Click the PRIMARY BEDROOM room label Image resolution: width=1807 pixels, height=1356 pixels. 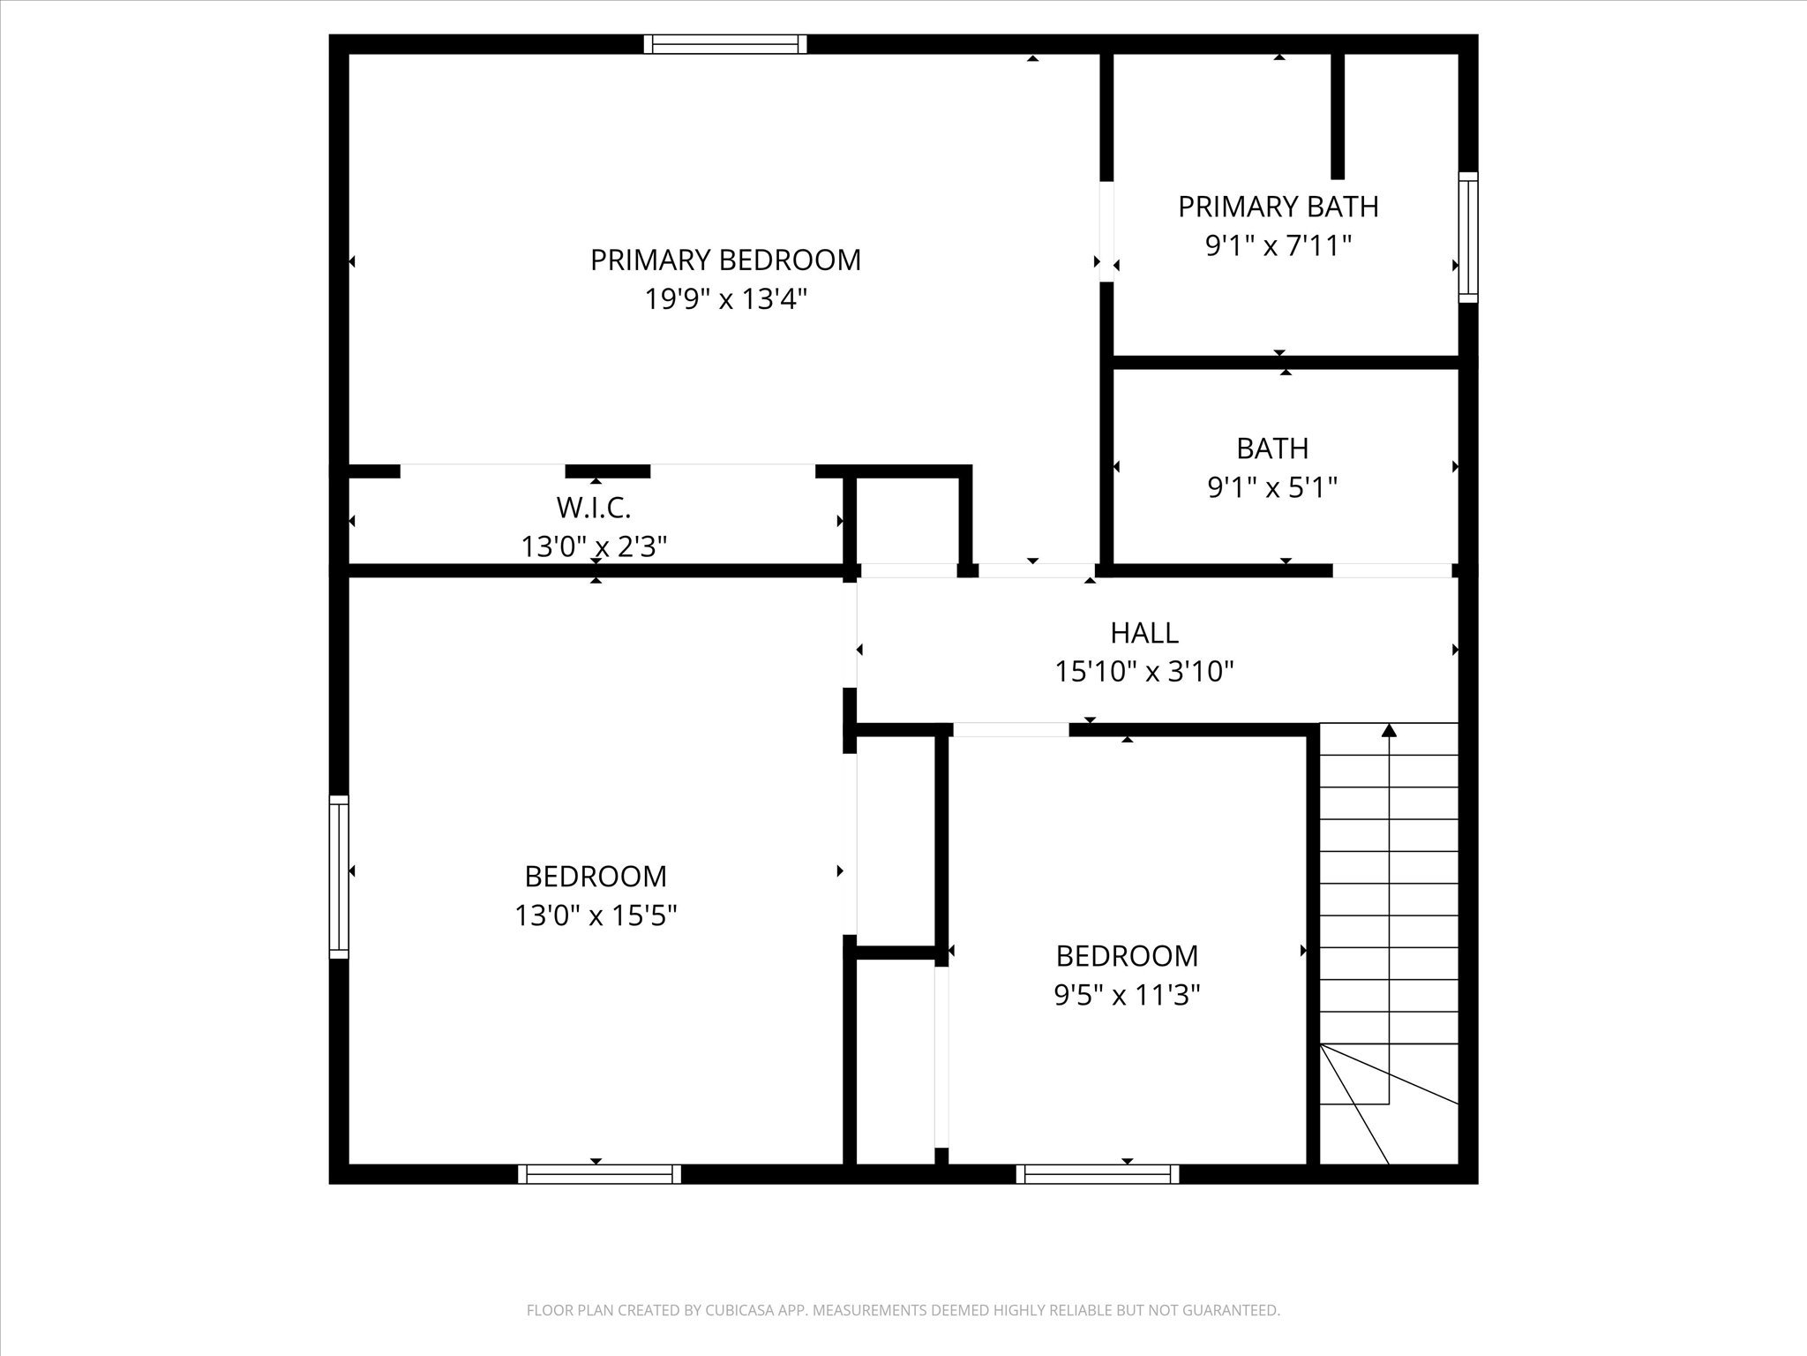pyautogui.click(x=725, y=260)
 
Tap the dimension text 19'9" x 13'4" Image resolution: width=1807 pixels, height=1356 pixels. pyautogui.click(x=725, y=300)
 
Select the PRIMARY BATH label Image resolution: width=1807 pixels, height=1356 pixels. pyautogui.click(x=1278, y=207)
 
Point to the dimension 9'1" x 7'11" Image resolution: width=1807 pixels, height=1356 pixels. pyautogui.click(x=1278, y=245)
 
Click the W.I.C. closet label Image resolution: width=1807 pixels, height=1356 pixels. pyautogui.click(x=594, y=508)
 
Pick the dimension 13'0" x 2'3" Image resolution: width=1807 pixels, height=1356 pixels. pyautogui.click(x=594, y=547)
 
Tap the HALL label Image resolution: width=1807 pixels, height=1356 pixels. pyautogui.click(x=1144, y=633)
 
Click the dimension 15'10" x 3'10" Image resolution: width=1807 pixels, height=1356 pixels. pyautogui.click(x=1144, y=673)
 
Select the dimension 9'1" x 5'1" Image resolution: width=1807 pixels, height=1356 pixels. pyautogui.click(x=1272, y=487)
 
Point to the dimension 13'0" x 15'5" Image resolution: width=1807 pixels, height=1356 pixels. pyautogui.click(x=596, y=915)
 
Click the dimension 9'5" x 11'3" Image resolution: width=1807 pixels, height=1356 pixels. pyautogui.click(x=1127, y=996)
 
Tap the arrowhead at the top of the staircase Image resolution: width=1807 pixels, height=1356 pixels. pyautogui.click(x=1389, y=730)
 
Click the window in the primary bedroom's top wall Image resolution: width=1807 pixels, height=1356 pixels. pyautogui.click(x=725, y=44)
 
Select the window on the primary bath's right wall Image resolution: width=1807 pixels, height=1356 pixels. pyautogui.click(x=1467, y=237)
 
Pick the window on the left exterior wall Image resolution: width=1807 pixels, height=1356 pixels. pyautogui.click(x=339, y=877)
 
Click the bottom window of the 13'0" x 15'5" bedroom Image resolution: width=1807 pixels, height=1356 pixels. pyautogui.click(x=599, y=1174)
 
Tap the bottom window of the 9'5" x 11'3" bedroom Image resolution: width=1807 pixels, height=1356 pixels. pyautogui.click(x=1098, y=1174)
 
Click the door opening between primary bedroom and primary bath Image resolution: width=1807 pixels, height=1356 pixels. pyautogui.click(x=1106, y=231)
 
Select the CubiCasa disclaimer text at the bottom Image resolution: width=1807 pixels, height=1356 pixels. pyautogui.click(x=903, y=1311)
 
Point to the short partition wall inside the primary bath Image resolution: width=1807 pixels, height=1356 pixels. pyautogui.click(x=1338, y=115)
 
